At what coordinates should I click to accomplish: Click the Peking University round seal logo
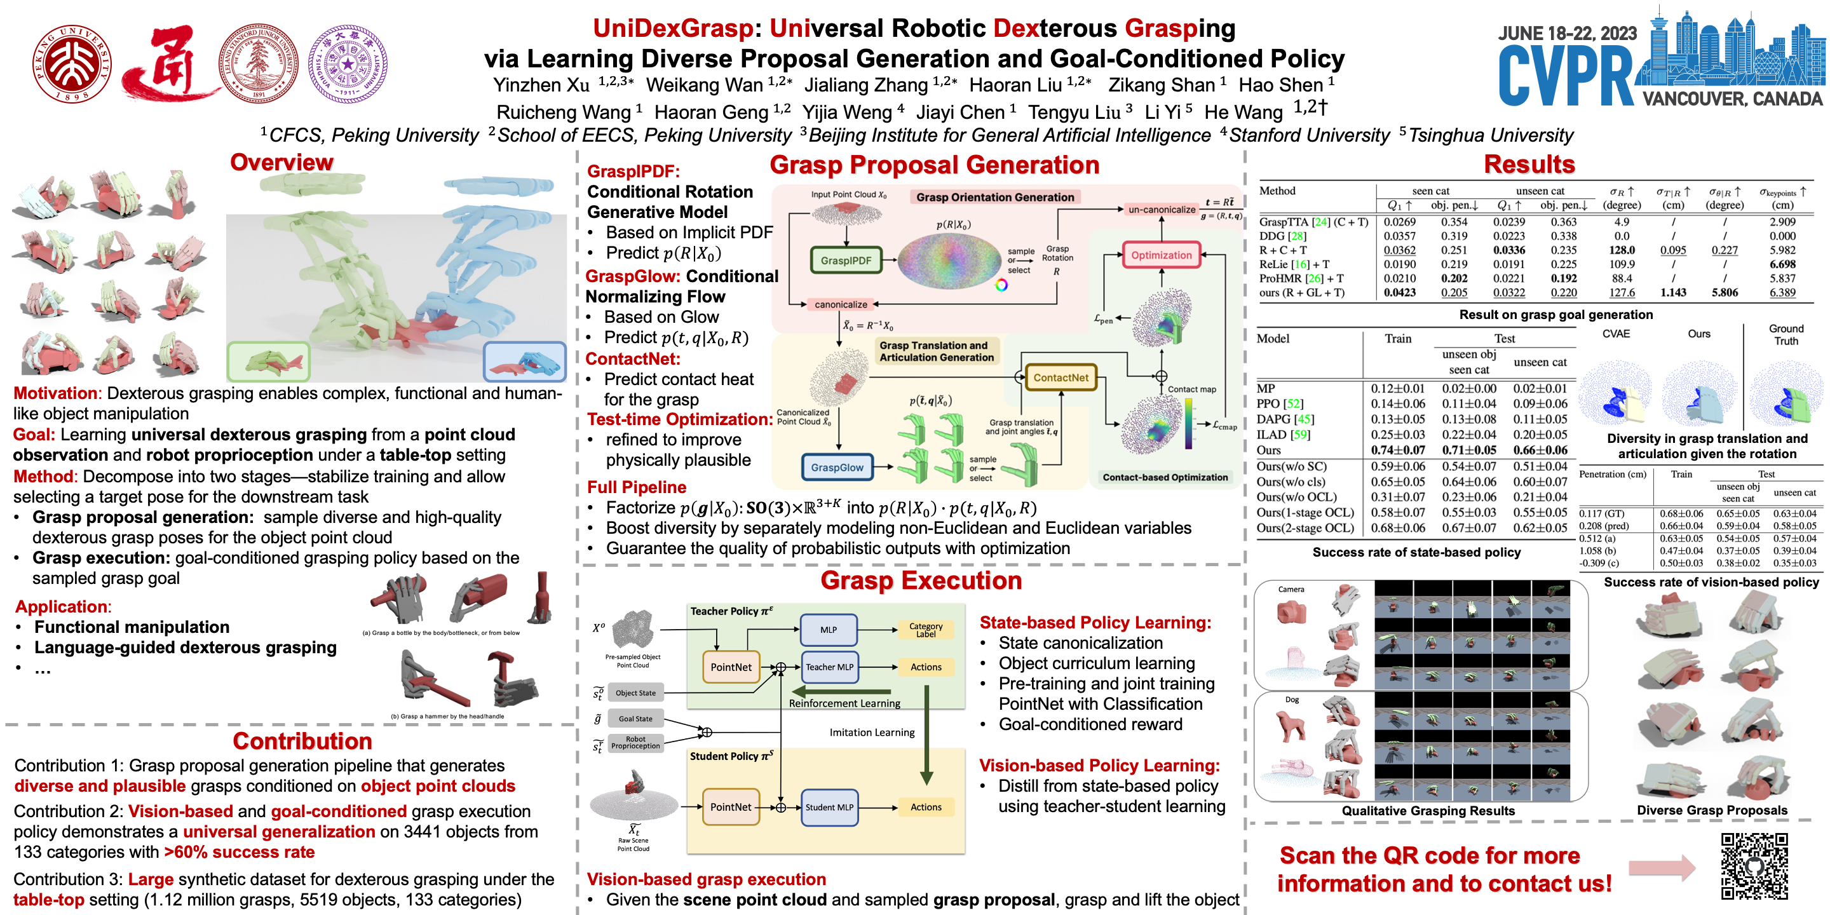point(72,64)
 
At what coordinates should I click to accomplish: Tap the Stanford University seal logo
point(258,64)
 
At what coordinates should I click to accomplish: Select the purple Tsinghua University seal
point(348,64)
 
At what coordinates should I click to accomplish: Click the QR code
point(1754,867)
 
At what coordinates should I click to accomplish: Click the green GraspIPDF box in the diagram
point(845,261)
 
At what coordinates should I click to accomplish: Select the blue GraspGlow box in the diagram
point(837,468)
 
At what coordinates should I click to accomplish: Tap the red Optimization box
point(1161,255)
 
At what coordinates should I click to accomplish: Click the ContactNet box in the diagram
point(1061,377)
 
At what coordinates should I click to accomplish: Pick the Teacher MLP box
point(829,667)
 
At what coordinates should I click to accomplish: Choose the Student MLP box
point(829,807)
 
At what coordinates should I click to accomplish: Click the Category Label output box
point(926,630)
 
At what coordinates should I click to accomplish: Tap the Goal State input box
point(635,718)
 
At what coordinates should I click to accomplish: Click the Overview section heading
point(281,162)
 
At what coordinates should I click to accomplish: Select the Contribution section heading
point(302,741)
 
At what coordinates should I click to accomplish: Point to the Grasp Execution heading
point(921,580)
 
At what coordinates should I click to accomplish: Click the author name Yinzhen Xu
point(541,85)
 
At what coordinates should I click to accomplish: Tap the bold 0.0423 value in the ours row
point(1399,292)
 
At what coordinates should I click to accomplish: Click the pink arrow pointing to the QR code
point(1661,867)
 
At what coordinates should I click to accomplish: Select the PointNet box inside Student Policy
point(730,807)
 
